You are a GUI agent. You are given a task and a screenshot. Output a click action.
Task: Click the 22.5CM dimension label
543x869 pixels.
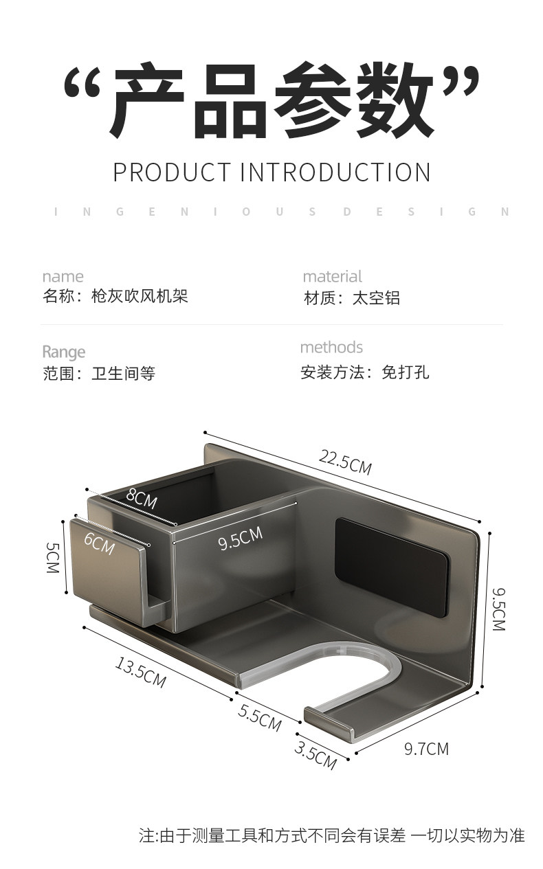click(345, 462)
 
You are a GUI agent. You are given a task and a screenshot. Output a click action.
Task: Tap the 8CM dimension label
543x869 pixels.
click(142, 497)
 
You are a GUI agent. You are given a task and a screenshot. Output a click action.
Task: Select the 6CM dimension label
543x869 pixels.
click(100, 543)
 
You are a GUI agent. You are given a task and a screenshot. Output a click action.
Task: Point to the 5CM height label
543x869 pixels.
click(53, 558)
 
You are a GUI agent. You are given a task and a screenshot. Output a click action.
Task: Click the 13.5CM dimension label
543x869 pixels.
click(140, 673)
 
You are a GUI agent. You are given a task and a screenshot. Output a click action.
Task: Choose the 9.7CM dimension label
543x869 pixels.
click(426, 749)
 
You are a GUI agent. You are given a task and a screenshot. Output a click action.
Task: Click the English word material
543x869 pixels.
click(332, 277)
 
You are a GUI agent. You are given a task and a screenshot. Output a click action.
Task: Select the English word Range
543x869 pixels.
click(64, 352)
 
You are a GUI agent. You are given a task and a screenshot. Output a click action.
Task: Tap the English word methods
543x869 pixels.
click(331, 348)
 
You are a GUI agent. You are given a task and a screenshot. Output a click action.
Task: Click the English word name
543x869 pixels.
click(63, 277)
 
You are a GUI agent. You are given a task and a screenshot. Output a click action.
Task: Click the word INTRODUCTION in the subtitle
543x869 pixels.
click(335, 172)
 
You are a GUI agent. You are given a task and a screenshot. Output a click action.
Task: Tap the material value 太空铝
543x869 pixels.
click(376, 298)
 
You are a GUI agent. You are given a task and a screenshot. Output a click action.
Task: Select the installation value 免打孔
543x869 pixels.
click(406, 372)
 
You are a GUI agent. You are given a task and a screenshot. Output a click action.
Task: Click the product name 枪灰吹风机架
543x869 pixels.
click(140, 296)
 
